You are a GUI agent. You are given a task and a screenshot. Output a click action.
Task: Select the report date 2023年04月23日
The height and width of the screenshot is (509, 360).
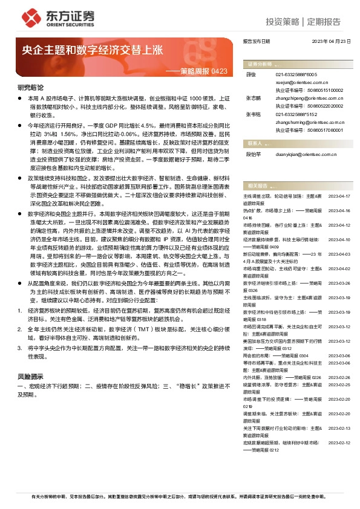pos(331,41)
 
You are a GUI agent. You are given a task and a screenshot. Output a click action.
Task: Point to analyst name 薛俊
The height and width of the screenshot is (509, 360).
pos(252,74)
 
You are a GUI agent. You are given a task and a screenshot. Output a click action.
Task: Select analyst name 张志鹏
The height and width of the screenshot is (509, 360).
pos(254,97)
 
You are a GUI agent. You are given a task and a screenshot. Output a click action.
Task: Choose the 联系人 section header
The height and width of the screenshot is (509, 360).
pos(257,143)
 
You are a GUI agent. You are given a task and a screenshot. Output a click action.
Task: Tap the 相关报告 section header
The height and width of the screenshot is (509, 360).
pos(258,185)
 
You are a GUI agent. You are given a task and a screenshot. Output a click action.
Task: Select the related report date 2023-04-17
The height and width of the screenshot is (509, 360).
pos(339,196)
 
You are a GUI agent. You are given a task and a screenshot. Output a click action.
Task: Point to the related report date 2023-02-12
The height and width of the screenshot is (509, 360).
pos(339,443)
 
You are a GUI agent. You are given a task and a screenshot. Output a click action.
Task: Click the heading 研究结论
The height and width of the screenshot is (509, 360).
pos(30,88)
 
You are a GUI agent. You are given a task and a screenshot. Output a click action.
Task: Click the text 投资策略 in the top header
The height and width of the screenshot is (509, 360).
pos(283,22)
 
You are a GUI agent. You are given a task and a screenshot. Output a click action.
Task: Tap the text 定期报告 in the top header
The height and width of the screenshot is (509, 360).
pos(324,22)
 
